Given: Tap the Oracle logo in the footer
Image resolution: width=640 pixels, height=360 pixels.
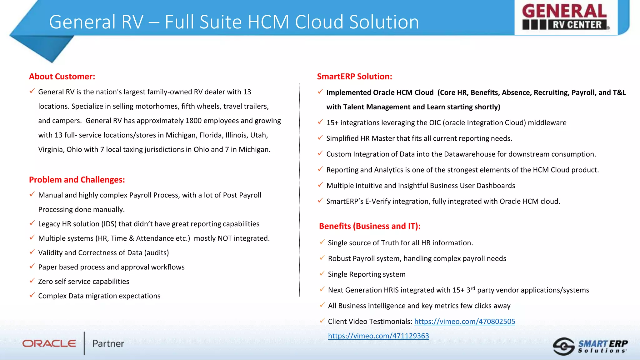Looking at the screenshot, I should [49, 343].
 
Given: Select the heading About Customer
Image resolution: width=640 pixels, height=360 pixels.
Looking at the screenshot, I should [62, 77].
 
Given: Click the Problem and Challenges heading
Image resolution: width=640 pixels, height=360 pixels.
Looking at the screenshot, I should [77, 180].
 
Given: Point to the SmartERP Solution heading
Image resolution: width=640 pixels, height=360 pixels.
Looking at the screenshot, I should [354, 77].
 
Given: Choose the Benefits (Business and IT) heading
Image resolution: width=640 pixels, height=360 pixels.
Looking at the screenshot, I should [370, 226].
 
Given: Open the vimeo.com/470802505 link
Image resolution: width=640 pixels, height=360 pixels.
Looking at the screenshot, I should [464, 321].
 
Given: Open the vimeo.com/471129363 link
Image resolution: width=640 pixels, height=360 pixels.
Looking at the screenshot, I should [378, 336].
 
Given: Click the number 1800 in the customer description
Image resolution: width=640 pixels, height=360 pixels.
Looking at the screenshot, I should [193, 121].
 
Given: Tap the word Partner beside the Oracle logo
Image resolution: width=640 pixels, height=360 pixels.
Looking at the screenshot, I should [108, 343].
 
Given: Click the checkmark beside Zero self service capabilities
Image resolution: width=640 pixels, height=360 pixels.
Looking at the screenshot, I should [32, 281].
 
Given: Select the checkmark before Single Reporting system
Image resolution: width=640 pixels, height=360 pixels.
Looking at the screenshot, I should [322, 273].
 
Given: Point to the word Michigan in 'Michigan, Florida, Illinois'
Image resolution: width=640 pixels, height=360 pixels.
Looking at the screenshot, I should [181, 135].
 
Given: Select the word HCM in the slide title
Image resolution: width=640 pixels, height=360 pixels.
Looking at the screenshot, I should [268, 22].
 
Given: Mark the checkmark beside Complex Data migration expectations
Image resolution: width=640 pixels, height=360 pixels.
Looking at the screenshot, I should [32, 295].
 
